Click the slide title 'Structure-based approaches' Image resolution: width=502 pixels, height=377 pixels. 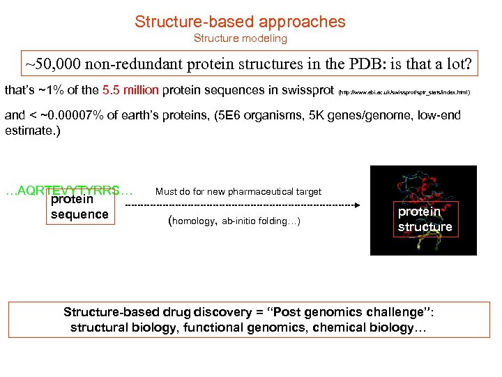pyautogui.click(x=240, y=22)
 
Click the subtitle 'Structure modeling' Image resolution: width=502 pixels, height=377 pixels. pyautogui.click(x=240, y=38)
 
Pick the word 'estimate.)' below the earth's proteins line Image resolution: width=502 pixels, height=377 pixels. pyautogui.click(x=32, y=131)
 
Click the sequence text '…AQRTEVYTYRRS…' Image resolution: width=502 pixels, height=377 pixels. pyautogui.click(x=68, y=190)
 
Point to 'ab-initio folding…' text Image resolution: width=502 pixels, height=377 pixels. pyautogui.click(x=260, y=221)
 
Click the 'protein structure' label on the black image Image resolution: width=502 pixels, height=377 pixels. pyautogui.click(x=425, y=219)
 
